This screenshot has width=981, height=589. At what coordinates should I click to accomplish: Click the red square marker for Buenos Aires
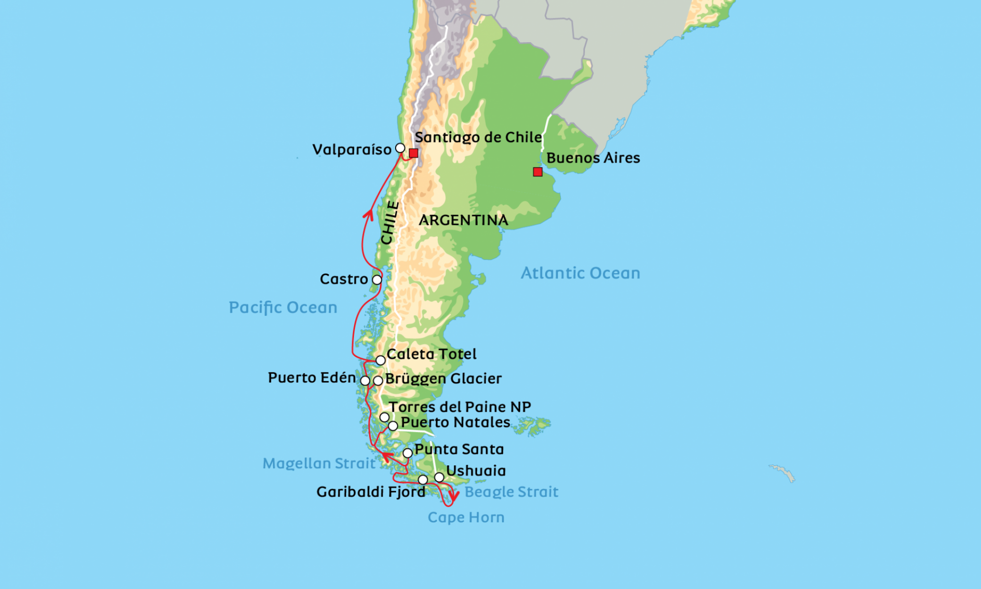click(537, 172)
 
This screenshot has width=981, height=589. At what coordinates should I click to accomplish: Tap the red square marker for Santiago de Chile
click(413, 153)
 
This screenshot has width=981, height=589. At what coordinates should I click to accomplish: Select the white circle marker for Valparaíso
click(400, 148)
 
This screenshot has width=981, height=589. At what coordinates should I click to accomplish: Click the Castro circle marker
click(377, 279)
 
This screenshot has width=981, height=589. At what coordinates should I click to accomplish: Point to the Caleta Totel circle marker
click(380, 360)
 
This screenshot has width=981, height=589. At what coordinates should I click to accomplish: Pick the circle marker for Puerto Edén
click(365, 381)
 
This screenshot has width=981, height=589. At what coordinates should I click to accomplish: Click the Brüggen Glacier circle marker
click(378, 381)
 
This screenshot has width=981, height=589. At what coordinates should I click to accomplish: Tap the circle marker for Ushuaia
click(439, 477)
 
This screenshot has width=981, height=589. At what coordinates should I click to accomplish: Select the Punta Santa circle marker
click(407, 453)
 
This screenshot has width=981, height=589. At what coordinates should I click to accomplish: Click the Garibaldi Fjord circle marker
click(422, 480)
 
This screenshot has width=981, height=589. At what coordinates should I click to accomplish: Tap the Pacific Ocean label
click(283, 308)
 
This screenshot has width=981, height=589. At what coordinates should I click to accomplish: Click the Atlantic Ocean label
click(580, 273)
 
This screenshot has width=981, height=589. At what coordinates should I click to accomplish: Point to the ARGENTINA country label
click(463, 220)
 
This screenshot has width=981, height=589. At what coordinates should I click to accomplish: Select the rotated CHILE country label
click(389, 223)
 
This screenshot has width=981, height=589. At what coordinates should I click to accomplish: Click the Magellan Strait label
click(319, 463)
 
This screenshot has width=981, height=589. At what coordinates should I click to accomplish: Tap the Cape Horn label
click(466, 518)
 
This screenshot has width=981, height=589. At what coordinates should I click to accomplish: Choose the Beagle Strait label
click(511, 492)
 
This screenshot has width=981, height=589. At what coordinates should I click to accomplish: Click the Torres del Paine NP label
click(459, 407)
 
